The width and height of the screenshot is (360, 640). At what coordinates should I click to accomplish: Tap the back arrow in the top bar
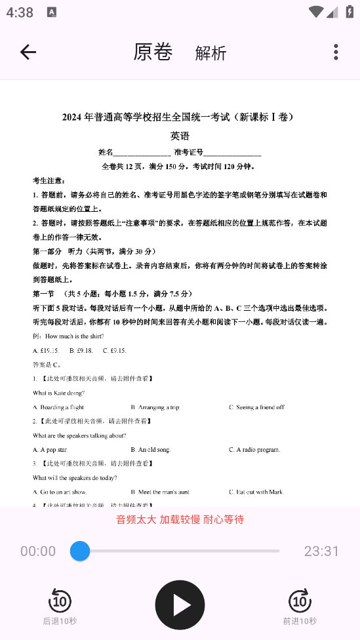pyautogui.click(x=28, y=52)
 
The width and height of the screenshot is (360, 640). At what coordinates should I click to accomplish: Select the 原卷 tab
pyautogui.click(x=153, y=52)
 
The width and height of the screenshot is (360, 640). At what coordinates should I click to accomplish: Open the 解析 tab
pyautogui.click(x=210, y=53)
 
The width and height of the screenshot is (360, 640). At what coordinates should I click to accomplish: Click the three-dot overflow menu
pyautogui.click(x=336, y=52)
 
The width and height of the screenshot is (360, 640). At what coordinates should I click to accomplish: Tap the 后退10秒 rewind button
pyautogui.click(x=60, y=606)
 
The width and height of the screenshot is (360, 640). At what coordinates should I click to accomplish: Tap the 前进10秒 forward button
pyautogui.click(x=300, y=606)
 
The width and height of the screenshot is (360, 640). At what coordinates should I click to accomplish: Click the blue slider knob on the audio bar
pyautogui.click(x=80, y=551)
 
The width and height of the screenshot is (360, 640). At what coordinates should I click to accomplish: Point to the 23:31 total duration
pyautogui.click(x=321, y=551)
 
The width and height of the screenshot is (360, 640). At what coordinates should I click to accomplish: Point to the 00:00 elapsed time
pyautogui.click(x=38, y=551)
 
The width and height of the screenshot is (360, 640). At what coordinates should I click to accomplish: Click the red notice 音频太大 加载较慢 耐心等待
pyautogui.click(x=180, y=519)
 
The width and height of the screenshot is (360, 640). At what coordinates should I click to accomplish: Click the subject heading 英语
pyautogui.click(x=180, y=136)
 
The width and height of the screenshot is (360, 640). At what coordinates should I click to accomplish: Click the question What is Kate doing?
pyautogui.click(x=58, y=393)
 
